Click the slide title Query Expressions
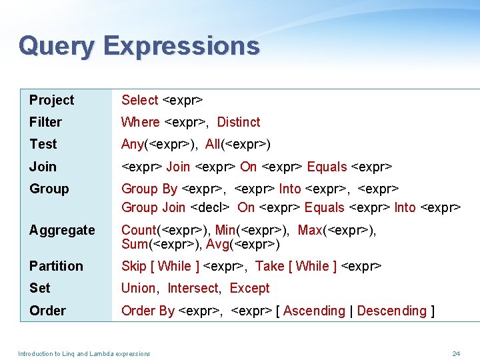click(139, 46)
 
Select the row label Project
click(52, 100)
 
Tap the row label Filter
click(45, 122)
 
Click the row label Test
click(43, 144)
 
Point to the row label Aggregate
click(62, 231)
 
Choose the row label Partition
click(56, 266)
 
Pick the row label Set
click(40, 288)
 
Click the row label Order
click(47, 311)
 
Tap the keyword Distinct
click(239, 122)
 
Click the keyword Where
click(140, 122)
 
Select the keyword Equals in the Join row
click(327, 167)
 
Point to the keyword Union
click(139, 288)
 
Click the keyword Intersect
click(193, 288)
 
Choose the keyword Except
click(249, 288)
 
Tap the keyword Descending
click(391, 311)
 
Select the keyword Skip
click(133, 266)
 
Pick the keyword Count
click(138, 230)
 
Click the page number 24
click(456, 353)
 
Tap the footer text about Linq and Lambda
click(84, 353)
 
